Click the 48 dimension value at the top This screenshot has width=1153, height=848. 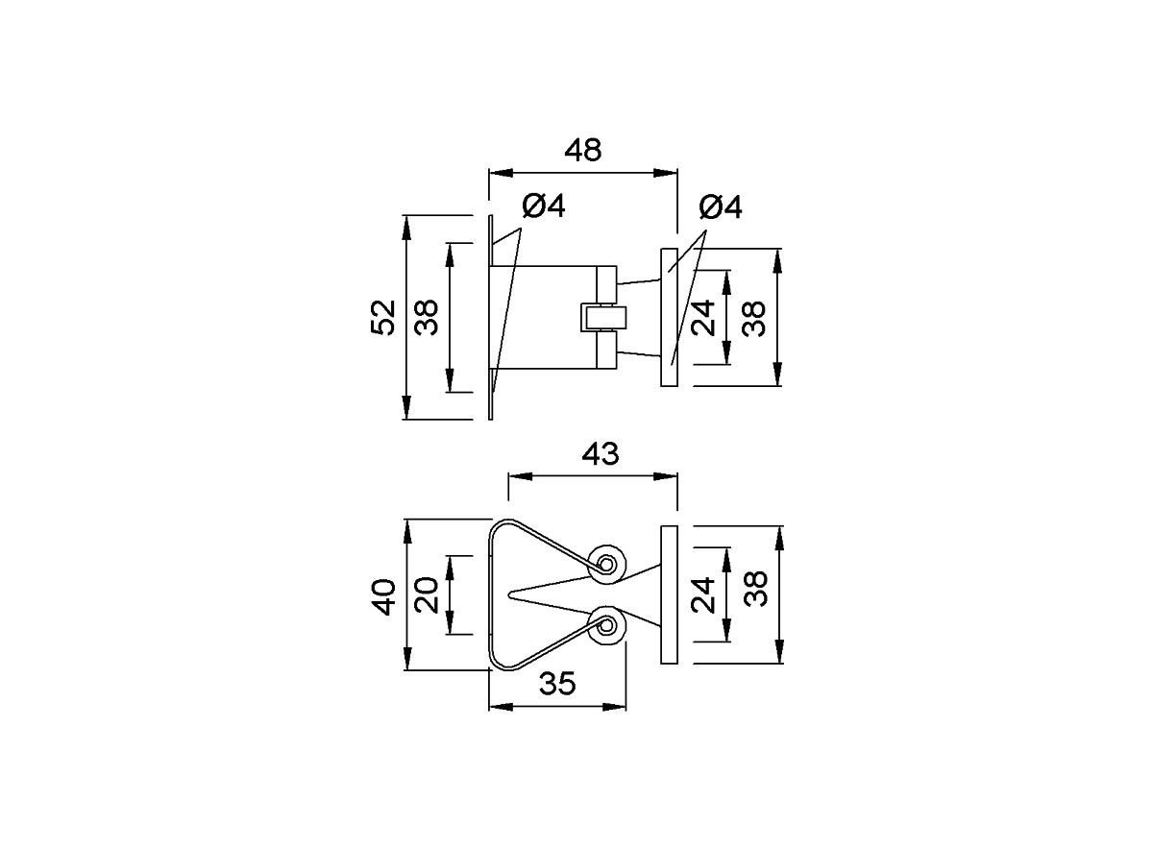[x=582, y=151]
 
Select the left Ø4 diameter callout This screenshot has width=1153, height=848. [x=543, y=206]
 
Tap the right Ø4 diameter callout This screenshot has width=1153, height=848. [x=721, y=206]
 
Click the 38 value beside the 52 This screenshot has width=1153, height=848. [x=427, y=317]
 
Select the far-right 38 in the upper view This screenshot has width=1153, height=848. [x=755, y=317]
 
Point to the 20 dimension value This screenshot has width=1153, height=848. [x=427, y=595]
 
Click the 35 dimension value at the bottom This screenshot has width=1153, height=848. [x=557, y=684]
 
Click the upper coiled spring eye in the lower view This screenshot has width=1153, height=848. [x=608, y=562]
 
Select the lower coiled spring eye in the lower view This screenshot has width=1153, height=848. [x=608, y=627]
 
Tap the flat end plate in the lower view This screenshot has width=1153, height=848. [x=670, y=594]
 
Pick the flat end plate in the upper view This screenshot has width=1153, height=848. [x=670, y=317]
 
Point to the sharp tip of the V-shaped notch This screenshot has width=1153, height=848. [x=509, y=594]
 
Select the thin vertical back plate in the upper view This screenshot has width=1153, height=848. [x=491, y=317]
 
